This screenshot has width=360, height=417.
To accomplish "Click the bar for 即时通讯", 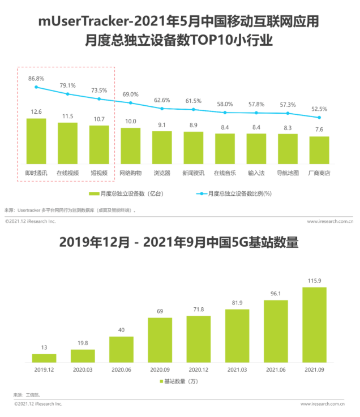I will coord(36,141).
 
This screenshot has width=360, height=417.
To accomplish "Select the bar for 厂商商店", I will coord(319,151).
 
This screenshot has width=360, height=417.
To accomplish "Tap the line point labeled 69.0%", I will coord(130,102).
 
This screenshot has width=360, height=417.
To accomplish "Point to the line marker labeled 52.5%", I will coord(319,118).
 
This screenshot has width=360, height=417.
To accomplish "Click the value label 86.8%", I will coord(36,78).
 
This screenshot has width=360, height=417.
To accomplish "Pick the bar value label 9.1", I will coord(162,125).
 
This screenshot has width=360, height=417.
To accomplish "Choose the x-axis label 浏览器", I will coord(162,173).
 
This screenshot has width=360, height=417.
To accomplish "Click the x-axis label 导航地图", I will coord(288,173).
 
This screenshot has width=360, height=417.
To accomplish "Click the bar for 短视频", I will coord(99,145).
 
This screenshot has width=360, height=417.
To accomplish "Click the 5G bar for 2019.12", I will coord(44,358).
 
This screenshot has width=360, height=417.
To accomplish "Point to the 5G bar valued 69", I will coord(160,339).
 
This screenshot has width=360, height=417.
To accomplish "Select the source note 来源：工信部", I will coord(27,394).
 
